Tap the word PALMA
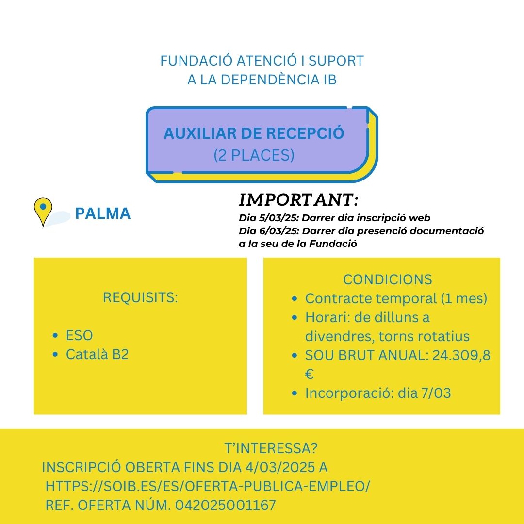[103, 213]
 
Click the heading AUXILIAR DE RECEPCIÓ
[254, 133]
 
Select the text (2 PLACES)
[254, 155]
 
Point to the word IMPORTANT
[298, 200]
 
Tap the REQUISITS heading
[140, 297]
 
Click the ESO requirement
[79, 335]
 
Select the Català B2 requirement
[97, 354]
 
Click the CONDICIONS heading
[387, 279]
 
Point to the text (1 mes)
[464, 298]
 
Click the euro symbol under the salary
[310, 374]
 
